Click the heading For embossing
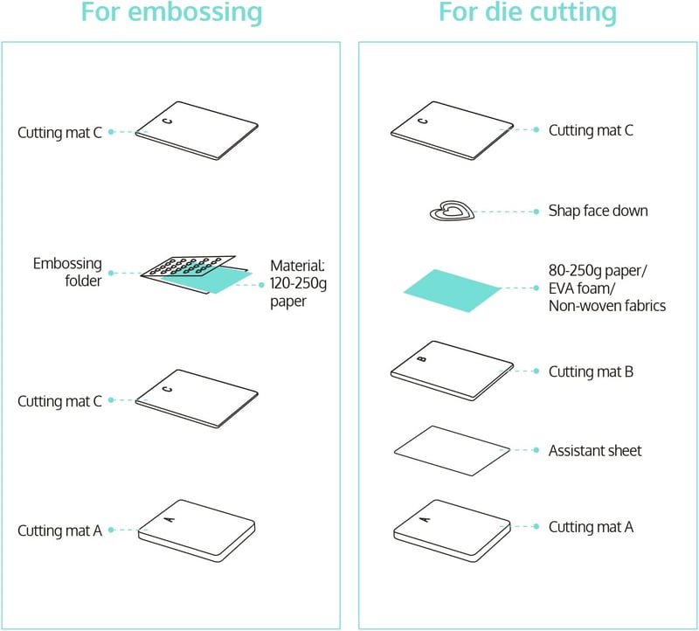(171, 12)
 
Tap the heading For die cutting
(528, 12)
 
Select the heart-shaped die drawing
(452, 211)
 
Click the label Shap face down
(598, 211)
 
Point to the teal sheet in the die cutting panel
(452, 290)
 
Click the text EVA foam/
(582, 288)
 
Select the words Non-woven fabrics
(607, 306)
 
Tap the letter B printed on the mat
(422, 359)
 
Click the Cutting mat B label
(591, 371)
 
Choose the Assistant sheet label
(595, 450)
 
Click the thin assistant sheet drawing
(452, 450)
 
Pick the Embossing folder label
(67, 272)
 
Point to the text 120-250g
(298, 283)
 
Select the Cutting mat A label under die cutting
(591, 527)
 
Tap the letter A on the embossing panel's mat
(170, 518)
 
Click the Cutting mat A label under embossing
(59, 530)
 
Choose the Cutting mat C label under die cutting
(591, 130)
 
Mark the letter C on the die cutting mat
(423, 121)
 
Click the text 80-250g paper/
(598, 271)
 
